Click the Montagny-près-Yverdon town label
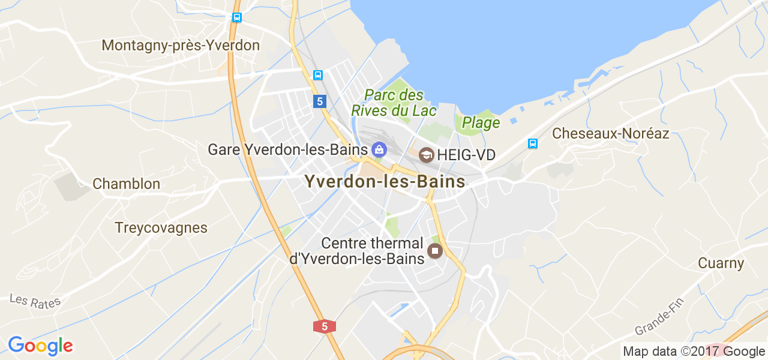coord(181,46)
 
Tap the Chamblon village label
coord(127,184)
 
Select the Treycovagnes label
coord(161,228)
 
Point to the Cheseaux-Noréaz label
coord(610,133)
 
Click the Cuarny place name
coord(721,263)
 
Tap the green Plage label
coord(481,123)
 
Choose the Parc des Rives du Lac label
coord(394,103)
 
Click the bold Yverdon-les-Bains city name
coord(385,181)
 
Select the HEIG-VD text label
coord(466,155)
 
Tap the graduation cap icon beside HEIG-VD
coord(427,155)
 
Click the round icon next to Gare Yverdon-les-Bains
coord(379,148)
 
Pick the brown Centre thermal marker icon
coord(435,250)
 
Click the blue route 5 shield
coord(319,101)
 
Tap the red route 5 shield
coord(324,326)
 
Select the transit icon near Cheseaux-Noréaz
coord(532,143)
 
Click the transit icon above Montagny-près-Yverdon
coord(237,17)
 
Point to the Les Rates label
coord(35,301)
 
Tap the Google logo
coord(40,346)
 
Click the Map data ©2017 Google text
coord(694,352)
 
